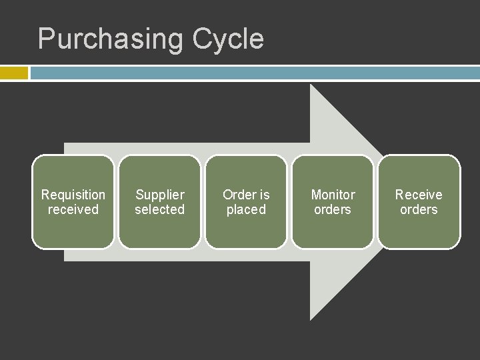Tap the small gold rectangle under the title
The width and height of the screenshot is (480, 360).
coord(13,73)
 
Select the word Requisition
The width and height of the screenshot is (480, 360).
coord(73,195)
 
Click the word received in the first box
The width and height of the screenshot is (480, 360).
coord(73,209)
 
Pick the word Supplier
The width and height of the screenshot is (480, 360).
coord(160,195)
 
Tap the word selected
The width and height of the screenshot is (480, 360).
coord(160,209)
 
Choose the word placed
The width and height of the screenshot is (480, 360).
coord(246,209)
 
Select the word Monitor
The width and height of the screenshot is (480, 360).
coord(333,195)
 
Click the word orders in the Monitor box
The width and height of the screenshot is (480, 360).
coord(333,209)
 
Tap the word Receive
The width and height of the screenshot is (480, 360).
coord(419,195)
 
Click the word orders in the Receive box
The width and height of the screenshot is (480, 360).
coord(419,209)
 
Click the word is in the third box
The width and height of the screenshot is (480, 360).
coord(264,195)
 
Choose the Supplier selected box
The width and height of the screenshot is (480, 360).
coord(160,230)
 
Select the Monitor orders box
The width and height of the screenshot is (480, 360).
coord(333,230)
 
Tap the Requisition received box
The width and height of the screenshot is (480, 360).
coord(73,230)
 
